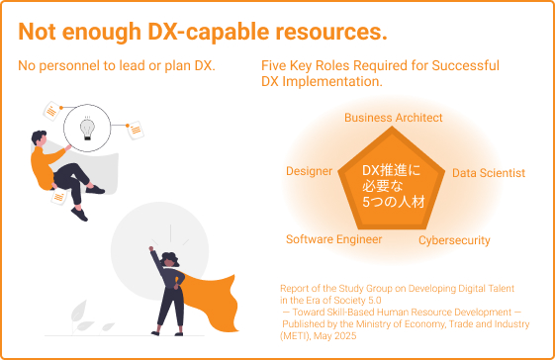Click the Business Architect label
click(x=393, y=118)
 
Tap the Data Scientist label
click(x=488, y=173)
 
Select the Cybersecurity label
click(x=454, y=240)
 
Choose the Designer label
click(x=309, y=171)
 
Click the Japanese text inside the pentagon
click(x=392, y=186)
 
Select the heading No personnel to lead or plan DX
click(x=117, y=66)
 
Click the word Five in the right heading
click(x=275, y=66)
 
